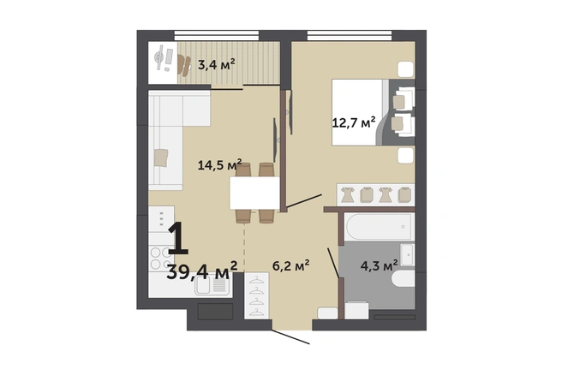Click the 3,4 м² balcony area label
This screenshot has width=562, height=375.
[x=217, y=65]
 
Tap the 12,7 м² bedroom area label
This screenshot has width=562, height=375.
[x=354, y=122]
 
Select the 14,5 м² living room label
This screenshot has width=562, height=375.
[x=219, y=165]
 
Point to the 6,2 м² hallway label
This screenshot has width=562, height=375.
[x=291, y=265]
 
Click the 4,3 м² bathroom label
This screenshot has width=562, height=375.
[x=379, y=265]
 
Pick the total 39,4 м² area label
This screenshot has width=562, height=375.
[x=202, y=271]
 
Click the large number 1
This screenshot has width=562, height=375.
[x=178, y=238]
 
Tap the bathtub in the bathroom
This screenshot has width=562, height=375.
[x=379, y=227]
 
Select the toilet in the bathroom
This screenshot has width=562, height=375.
[x=403, y=278]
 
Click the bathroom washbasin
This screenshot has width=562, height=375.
[x=407, y=254]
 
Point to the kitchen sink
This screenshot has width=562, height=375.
[x=212, y=285]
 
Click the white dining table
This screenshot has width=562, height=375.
[x=254, y=193]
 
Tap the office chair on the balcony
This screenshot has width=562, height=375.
[x=184, y=66]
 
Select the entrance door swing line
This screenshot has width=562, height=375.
[x=290, y=336]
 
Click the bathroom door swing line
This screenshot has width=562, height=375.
[x=334, y=263]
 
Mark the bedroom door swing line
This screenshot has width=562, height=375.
[x=304, y=201]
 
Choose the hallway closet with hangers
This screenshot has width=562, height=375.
[x=257, y=295]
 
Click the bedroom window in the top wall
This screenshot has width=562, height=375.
[x=350, y=35]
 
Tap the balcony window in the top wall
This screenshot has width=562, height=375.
[x=217, y=35]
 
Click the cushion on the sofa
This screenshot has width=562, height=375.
[x=161, y=158]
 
